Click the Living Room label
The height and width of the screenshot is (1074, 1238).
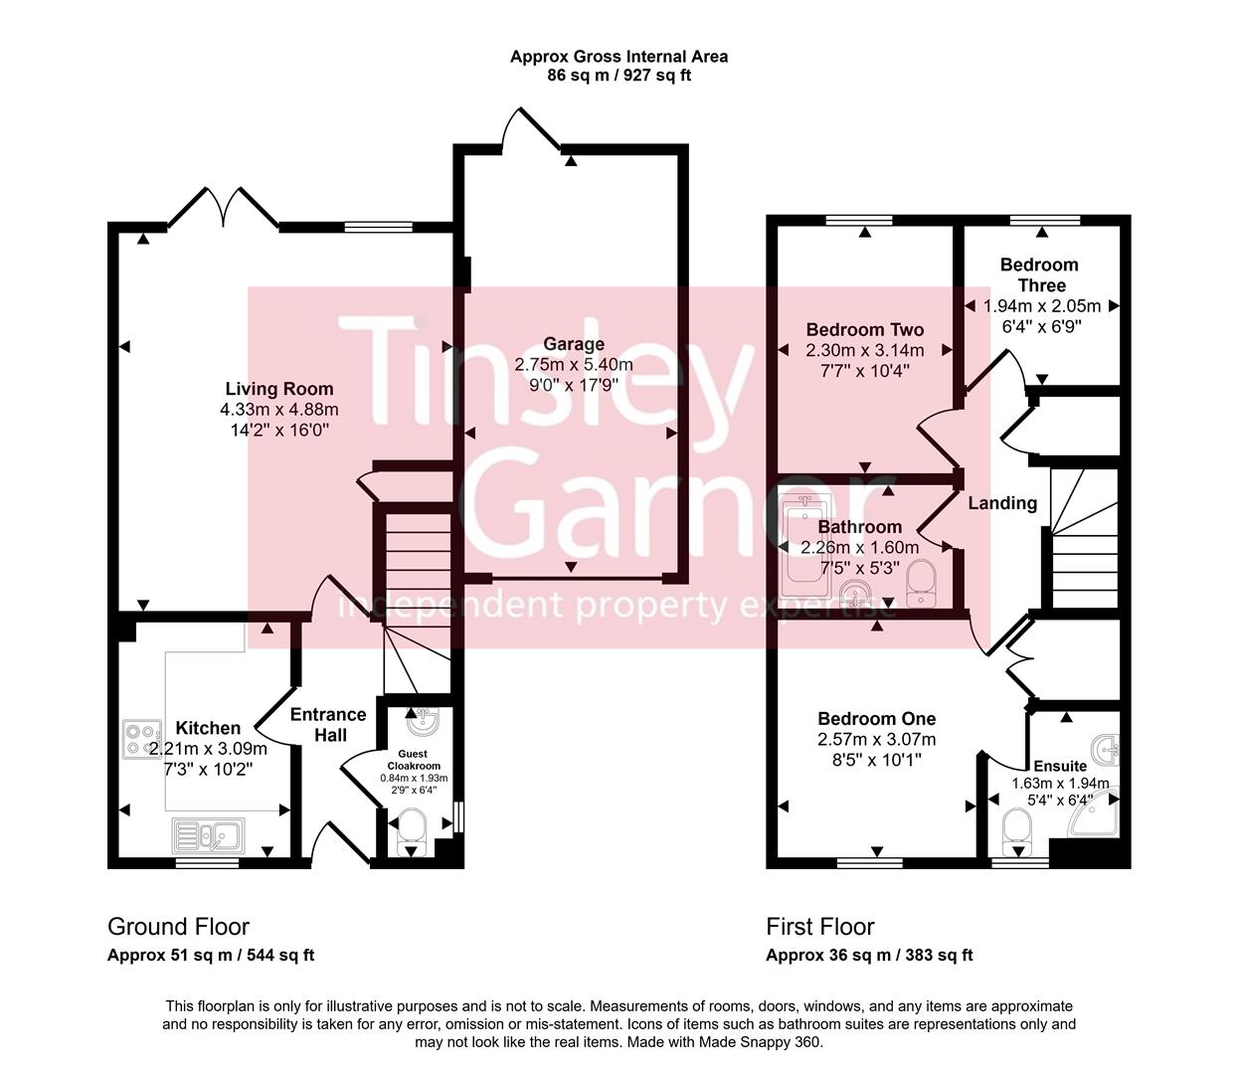(278, 389)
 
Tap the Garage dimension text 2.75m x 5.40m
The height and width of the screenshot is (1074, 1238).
(574, 365)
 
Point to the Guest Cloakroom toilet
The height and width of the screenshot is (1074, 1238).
(410, 830)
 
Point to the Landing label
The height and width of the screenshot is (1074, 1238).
(1002, 503)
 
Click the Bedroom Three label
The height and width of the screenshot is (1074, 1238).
(1039, 274)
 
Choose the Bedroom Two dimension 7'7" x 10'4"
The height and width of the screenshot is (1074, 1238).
(864, 371)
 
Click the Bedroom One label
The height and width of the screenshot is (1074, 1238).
(876, 719)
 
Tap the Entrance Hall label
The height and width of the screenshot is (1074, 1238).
(328, 724)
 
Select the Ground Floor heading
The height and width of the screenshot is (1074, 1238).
(178, 927)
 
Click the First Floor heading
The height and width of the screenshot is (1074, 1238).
(819, 927)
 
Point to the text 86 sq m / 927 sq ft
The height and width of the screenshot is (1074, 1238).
(619, 76)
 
